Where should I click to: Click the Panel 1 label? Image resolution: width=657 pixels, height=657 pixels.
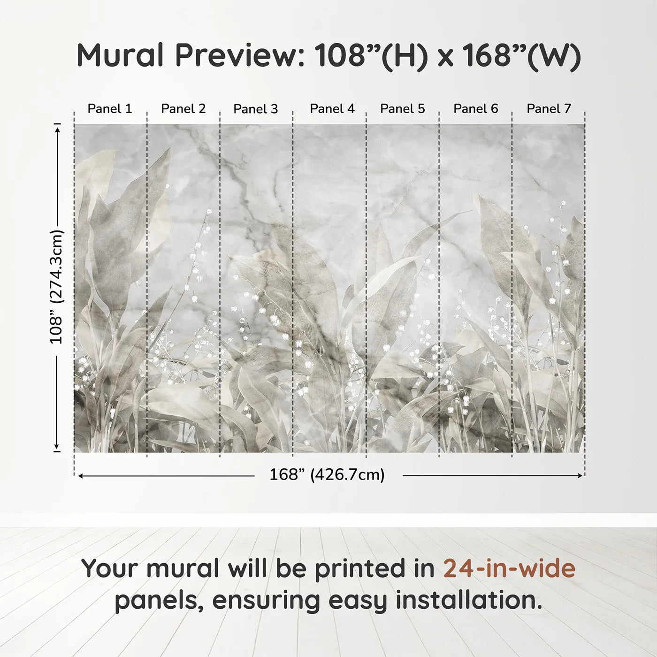point(110,109)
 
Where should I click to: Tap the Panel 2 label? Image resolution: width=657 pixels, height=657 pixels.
point(183,109)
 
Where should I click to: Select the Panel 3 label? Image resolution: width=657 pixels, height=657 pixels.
point(256,109)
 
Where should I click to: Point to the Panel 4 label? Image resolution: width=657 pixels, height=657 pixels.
point(332,109)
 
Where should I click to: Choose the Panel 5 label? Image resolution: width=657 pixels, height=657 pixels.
point(403,109)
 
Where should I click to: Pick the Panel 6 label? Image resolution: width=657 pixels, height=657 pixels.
point(476,109)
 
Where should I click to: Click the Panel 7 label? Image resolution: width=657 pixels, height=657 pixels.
point(549,109)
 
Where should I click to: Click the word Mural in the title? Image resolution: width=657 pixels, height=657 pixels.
point(120,55)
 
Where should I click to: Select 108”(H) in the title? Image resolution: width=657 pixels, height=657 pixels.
point(371,55)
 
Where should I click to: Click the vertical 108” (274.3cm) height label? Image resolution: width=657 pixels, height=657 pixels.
point(56,287)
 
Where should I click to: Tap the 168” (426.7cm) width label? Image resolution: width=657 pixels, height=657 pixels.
point(327,475)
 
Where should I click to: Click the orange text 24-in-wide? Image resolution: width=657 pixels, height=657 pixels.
point(509,568)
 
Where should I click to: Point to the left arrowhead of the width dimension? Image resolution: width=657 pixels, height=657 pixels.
point(81,476)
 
